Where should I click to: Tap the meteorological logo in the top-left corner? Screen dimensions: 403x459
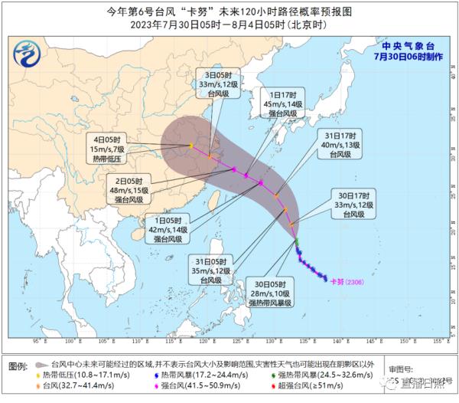28,54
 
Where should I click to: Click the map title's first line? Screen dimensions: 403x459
229,11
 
